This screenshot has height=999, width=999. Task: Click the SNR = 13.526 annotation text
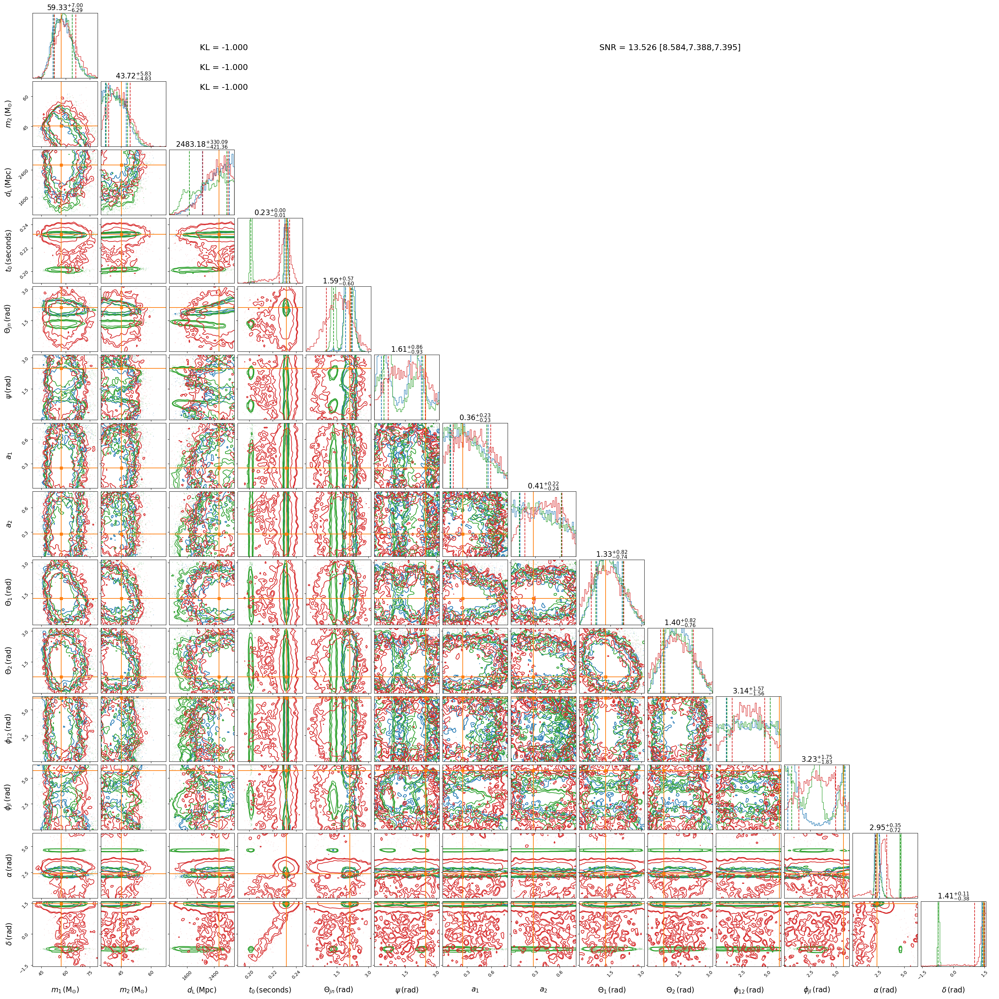click(670, 48)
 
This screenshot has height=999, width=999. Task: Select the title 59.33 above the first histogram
click(65, 7)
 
